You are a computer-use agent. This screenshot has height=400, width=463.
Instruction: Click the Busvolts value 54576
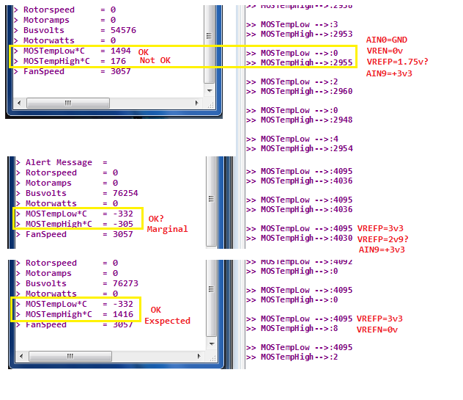click(x=123, y=30)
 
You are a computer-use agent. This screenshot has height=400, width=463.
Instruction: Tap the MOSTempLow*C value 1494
click(x=121, y=51)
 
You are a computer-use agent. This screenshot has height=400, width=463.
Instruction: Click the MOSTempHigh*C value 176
click(x=118, y=61)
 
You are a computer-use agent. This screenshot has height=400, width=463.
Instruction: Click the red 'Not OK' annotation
click(x=155, y=60)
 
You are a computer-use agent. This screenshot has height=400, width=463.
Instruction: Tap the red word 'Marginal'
click(x=167, y=229)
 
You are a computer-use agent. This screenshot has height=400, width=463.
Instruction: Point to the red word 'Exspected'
click(x=167, y=321)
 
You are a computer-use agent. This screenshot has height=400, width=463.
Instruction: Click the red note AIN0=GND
click(x=387, y=39)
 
